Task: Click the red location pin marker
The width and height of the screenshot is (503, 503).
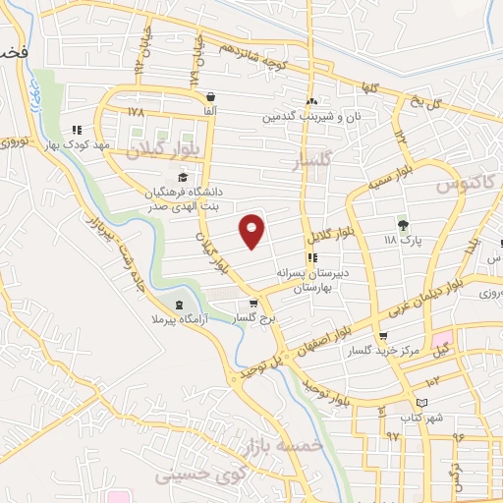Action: (x=252, y=230)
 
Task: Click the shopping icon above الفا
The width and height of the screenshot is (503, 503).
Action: (x=212, y=96)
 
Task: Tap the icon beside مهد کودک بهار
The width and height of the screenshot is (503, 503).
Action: (x=77, y=129)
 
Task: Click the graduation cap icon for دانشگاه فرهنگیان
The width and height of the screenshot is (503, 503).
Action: (x=183, y=176)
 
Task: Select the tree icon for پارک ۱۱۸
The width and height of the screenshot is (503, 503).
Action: (x=401, y=224)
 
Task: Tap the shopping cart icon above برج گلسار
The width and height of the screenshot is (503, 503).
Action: (x=254, y=303)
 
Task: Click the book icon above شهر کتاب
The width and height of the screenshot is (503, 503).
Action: (x=423, y=403)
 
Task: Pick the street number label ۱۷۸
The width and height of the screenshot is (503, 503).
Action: (x=136, y=111)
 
